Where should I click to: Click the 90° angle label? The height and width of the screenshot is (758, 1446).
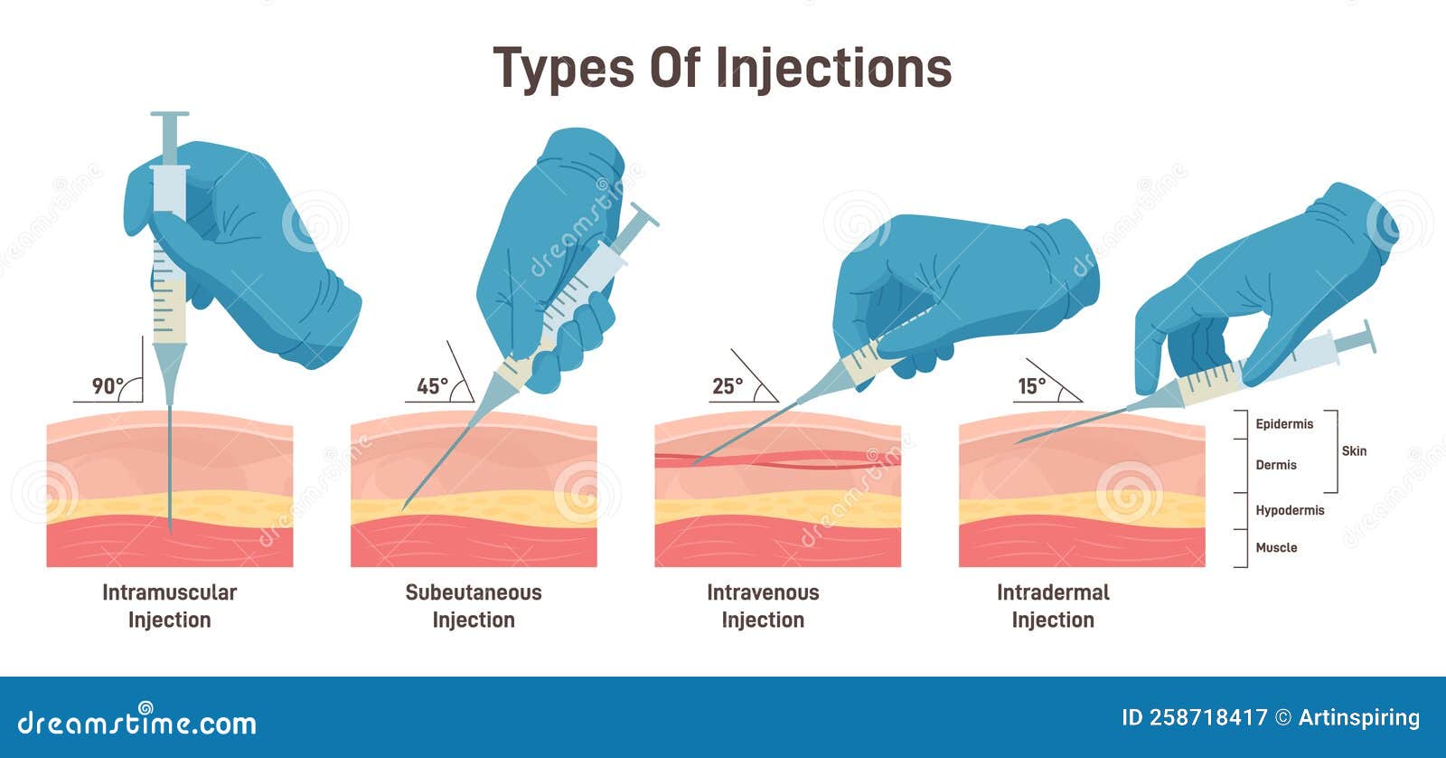click(108, 386)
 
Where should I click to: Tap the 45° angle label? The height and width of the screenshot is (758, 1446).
click(433, 386)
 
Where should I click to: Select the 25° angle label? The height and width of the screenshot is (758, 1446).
click(728, 386)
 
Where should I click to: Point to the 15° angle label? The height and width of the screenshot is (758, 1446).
click(1031, 386)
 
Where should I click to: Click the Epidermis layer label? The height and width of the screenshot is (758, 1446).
click(1284, 424)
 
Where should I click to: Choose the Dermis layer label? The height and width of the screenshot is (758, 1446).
click(1275, 465)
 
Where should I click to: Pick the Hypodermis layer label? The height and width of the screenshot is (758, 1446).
click(1290, 510)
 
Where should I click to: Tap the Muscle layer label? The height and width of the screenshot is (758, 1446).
click(1276, 547)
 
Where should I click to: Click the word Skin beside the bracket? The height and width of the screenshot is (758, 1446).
click(1354, 451)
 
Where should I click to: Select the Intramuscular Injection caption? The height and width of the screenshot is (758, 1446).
click(169, 606)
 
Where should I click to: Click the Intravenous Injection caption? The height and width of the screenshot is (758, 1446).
click(763, 606)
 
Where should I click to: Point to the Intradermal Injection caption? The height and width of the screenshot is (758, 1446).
click(1053, 606)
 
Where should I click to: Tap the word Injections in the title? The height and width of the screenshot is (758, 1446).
click(833, 69)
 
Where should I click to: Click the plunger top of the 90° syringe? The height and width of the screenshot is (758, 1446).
click(170, 114)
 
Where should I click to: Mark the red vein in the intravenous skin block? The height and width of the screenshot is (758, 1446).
click(778, 460)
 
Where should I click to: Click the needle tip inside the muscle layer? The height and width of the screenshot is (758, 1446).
click(171, 531)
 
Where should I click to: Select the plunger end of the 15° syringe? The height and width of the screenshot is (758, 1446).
click(1370, 336)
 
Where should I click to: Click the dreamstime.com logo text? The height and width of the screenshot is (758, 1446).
click(136, 721)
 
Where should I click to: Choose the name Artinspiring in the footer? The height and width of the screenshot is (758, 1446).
click(1359, 718)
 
